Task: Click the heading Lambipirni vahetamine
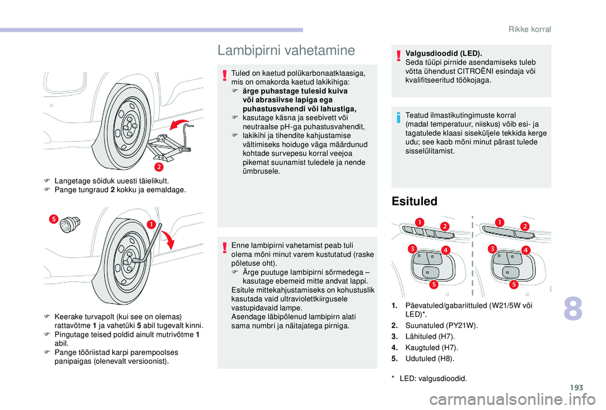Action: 285,49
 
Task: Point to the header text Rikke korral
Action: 530,29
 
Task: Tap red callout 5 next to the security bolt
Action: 54,219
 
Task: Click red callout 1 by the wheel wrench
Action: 153,224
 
